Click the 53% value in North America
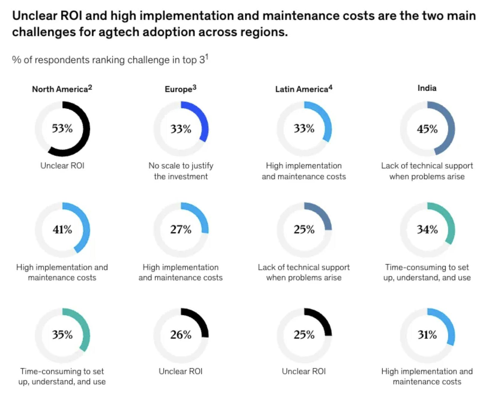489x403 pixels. [62, 128]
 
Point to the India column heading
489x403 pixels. [427, 88]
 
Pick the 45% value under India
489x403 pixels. [427, 129]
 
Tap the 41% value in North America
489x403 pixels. [62, 229]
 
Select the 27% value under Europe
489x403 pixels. [181, 229]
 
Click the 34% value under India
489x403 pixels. [427, 229]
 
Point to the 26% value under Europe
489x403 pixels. [181, 334]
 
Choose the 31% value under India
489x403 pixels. [427, 334]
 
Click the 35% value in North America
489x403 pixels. [62, 334]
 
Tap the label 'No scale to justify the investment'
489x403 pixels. [181, 171]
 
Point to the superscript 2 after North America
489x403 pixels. [90, 88]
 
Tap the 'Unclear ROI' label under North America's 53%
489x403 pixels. [62, 166]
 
